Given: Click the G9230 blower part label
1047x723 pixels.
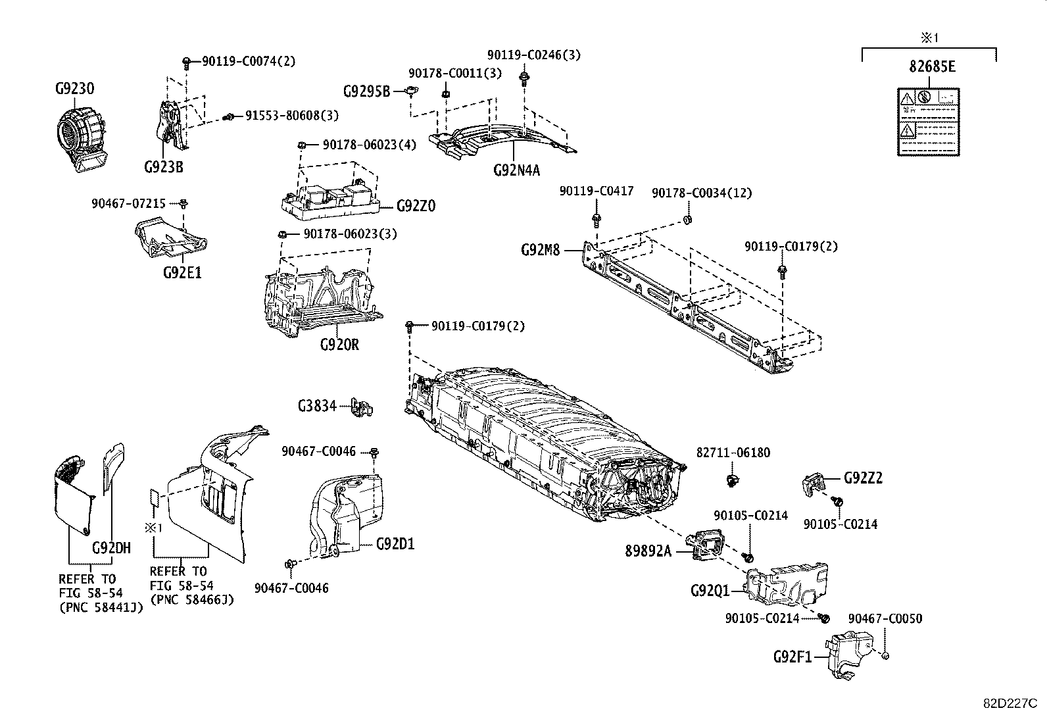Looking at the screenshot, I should tap(74, 89).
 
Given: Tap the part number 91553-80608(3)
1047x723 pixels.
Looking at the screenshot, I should tap(291, 115).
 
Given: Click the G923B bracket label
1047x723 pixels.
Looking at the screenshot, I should tap(163, 167).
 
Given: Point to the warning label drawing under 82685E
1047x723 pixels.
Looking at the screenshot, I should tap(927, 122).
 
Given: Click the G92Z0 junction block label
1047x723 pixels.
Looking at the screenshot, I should tap(416, 206).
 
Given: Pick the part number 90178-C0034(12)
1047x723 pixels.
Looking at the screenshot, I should tap(701, 193).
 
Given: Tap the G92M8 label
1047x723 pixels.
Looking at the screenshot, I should tap(540, 250).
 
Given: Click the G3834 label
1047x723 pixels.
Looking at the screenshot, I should tap(317, 406).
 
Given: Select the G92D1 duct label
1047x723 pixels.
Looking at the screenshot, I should tap(395, 544).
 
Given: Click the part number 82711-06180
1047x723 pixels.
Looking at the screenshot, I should tap(733, 453).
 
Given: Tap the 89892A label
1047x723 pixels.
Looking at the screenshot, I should tap(648, 551).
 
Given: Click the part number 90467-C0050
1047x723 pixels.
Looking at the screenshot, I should tap(885, 618).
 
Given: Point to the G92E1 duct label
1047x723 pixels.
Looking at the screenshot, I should tap(182, 272).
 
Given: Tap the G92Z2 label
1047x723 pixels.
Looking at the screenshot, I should tap(863, 478).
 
